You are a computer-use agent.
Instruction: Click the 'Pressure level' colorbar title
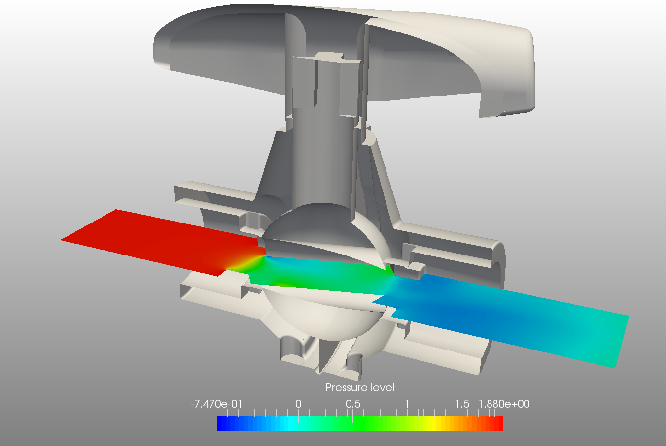(x=360, y=388)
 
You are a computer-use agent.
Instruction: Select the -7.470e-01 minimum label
(x=216, y=404)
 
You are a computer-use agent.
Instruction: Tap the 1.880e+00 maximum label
(x=504, y=404)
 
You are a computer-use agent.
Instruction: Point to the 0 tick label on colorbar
(x=298, y=404)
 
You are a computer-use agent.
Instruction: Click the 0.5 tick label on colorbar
(x=353, y=404)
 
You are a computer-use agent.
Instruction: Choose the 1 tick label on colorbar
(x=407, y=404)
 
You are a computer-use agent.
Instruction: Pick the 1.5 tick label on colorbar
(x=462, y=404)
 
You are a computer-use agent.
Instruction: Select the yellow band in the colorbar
(x=434, y=424)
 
